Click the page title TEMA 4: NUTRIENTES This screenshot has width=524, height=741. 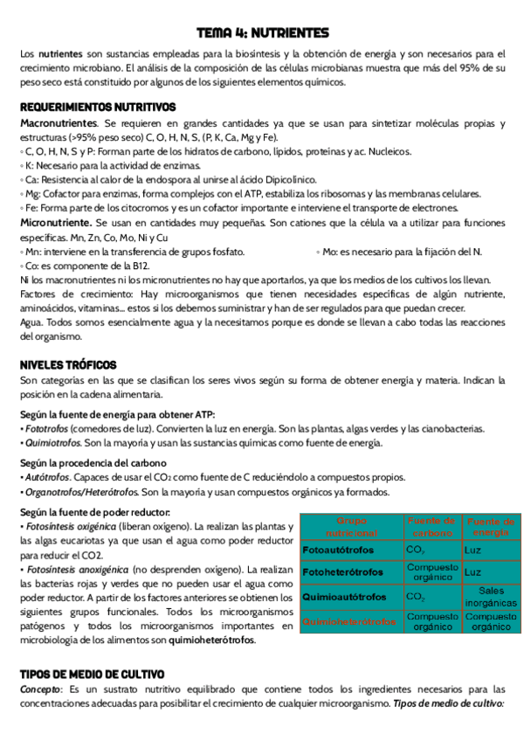[x=262, y=33]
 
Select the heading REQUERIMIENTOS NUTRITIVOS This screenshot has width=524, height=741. [x=98, y=107]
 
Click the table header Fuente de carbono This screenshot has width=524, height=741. [x=431, y=526]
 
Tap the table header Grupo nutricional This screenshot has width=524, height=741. [x=350, y=526]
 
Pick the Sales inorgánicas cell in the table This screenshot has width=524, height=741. [x=491, y=597]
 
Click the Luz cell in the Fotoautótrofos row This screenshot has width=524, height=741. [x=473, y=551]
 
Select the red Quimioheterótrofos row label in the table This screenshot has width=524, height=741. [x=349, y=621]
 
